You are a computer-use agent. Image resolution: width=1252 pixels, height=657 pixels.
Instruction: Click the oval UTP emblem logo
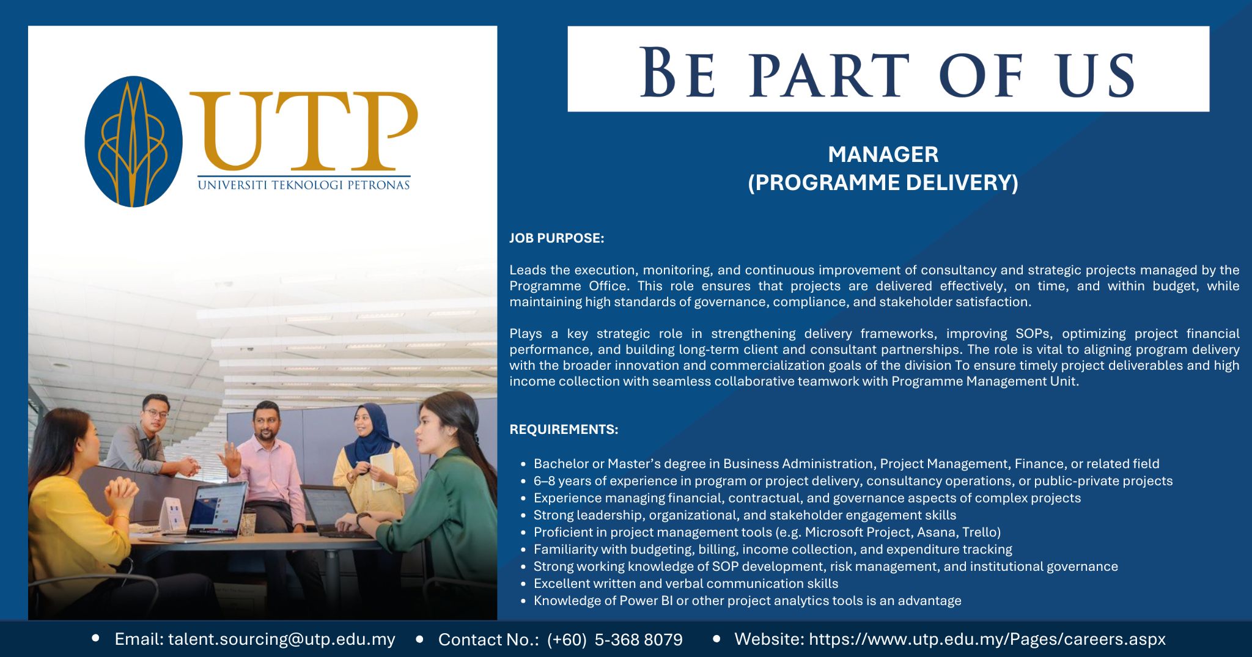(133, 141)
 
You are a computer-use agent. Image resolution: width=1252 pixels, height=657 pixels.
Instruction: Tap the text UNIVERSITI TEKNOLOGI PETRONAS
(303, 185)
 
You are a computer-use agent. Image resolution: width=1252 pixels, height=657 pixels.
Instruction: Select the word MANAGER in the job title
(883, 155)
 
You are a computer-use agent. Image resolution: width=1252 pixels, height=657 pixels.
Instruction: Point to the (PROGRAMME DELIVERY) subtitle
(883, 183)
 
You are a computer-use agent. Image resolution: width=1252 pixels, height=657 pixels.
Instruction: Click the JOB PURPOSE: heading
(556, 238)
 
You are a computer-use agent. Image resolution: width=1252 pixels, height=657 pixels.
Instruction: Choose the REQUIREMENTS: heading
(564, 430)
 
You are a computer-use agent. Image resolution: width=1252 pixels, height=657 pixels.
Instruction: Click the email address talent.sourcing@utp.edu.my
(281, 639)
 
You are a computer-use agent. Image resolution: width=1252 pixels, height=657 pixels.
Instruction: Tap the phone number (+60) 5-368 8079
(614, 640)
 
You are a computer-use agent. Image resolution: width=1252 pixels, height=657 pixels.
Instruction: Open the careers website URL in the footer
(987, 639)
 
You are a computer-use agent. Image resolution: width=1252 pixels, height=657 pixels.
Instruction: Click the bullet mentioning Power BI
(747, 601)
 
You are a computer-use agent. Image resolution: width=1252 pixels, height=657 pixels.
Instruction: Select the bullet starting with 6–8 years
(853, 481)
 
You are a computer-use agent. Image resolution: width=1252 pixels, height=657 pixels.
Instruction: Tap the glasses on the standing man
(156, 414)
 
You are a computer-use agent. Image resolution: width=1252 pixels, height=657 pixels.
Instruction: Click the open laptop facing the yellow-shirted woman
(217, 508)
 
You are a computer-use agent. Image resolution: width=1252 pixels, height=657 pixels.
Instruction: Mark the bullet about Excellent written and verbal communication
(685, 584)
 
